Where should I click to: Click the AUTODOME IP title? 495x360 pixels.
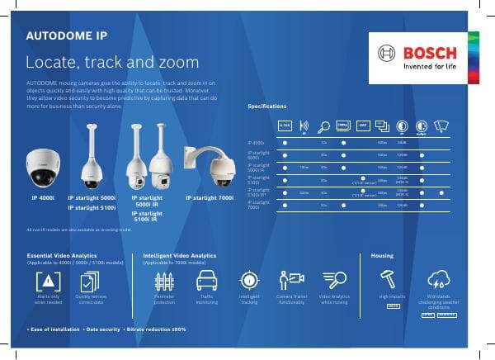click(66, 37)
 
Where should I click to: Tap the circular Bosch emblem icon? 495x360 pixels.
click(387, 54)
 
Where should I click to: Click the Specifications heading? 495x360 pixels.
click(267, 107)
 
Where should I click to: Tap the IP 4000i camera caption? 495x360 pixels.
click(43, 198)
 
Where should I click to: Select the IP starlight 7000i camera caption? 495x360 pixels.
click(210, 198)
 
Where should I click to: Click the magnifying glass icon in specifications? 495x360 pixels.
click(323, 126)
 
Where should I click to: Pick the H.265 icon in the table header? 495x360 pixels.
click(285, 126)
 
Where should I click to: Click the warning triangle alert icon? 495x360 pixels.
click(48, 279)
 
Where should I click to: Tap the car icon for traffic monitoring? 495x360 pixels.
click(207, 279)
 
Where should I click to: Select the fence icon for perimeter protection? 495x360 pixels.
click(164, 279)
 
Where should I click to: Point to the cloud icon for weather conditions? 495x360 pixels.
click(439, 279)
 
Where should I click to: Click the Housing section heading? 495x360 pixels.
click(382, 256)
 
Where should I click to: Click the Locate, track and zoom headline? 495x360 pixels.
click(112, 63)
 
